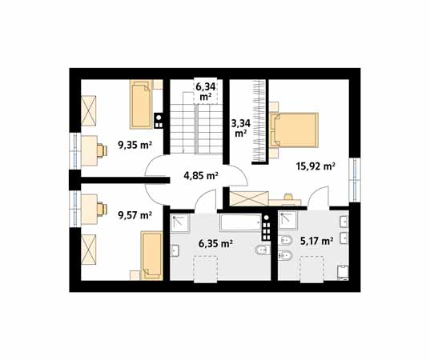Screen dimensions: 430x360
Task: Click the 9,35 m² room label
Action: point(135,145)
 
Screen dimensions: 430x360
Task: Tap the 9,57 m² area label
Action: point(135,215)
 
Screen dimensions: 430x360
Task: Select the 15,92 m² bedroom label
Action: point(315,166)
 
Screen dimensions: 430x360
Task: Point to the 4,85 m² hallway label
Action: point(201,175)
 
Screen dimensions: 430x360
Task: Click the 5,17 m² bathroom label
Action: point(317,241)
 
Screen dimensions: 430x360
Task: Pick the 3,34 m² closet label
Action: point(241,129)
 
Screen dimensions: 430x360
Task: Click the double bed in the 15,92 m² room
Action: point(294,130)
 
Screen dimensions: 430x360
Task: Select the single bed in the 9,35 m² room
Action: point(141,104)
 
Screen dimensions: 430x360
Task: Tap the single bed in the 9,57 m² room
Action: point(151,256)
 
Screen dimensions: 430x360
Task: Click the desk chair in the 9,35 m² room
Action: point(102,150)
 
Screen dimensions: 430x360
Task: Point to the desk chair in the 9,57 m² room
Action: point(102,210)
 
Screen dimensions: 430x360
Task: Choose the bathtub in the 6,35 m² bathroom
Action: point(241,222)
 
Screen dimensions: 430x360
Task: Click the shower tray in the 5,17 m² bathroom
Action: point(288,220)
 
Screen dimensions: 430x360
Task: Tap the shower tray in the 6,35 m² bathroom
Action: point(180,223)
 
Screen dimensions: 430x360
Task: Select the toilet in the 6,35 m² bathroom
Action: point(263,250)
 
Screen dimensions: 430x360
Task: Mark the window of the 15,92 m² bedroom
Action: point(355,180)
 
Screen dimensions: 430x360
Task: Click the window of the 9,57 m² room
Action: point(74,210)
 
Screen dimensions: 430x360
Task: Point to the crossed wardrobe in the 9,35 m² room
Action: point(89,110)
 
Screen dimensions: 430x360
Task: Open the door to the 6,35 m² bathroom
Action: point(206,199)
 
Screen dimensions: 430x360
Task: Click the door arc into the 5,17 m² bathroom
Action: point(318,197)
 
